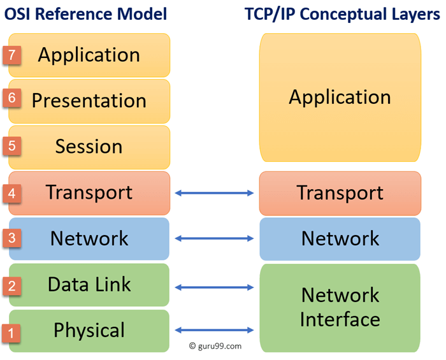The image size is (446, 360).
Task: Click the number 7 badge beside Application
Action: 12,55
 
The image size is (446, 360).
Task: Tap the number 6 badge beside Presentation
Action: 12,99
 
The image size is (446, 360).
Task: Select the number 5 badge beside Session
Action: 12,146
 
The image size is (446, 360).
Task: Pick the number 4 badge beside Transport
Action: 12,192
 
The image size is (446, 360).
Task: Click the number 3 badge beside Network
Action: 12,238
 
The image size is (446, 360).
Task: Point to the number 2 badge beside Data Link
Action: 12,285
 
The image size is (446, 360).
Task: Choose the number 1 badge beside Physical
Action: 12,331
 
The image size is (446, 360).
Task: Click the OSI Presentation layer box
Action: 89,101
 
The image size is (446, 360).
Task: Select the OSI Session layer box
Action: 89,147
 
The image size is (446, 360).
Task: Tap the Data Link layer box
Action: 89,284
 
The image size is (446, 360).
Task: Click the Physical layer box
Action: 89,331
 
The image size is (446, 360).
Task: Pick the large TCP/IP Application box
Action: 340,97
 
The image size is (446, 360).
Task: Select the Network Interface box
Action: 340,306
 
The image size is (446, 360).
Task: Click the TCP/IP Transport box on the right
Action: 340,193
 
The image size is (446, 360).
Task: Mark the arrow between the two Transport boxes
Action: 214,192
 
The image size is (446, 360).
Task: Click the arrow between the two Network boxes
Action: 214,238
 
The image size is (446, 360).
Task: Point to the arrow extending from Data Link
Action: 214,287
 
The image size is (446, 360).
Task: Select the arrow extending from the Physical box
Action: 214,329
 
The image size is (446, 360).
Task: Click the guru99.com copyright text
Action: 215,346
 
